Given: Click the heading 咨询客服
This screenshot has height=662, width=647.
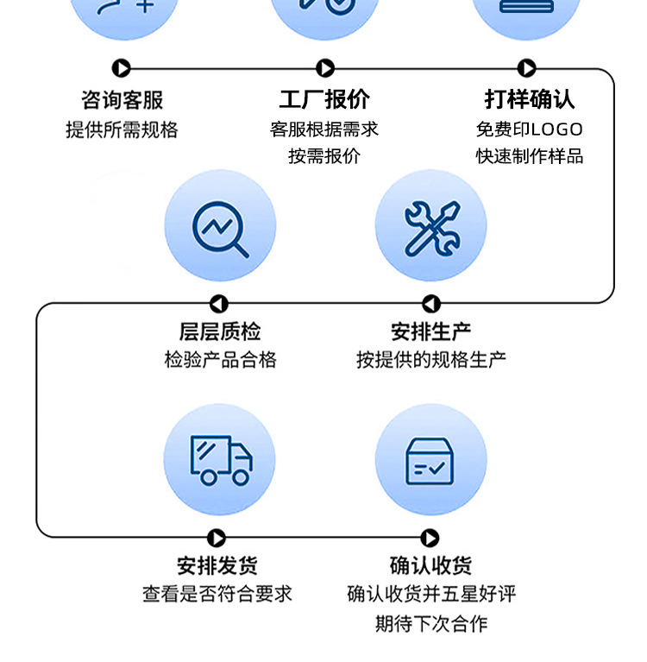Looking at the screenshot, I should click(x=122, y=100).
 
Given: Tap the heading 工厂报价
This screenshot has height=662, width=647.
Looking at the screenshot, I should click(x=324, y=100).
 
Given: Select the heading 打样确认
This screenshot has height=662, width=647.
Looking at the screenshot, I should click(x=529, y=100).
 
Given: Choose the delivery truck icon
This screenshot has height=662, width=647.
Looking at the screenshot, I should click(x=220, y=460).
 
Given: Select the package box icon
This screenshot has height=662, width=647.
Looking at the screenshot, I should click(x=430, y=460).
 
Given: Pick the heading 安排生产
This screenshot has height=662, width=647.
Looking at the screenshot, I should click(x=430, y=331).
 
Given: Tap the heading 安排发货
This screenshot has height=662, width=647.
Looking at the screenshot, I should click(x=217, y=566).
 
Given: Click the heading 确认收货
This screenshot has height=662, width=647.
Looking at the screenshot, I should click(x=430, y=566).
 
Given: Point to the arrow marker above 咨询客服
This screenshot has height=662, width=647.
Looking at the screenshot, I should click(x=122, y=68).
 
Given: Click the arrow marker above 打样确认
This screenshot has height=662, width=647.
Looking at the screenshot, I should click(x=527, y=68).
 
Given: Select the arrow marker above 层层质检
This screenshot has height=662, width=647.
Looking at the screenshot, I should click(x=219, y=304).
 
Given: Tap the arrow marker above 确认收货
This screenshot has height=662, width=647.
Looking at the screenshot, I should click(x=430, y=539).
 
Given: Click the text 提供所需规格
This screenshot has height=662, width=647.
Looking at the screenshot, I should click(x=122, y=129).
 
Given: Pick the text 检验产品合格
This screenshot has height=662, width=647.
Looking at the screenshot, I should click(x=220, y=360).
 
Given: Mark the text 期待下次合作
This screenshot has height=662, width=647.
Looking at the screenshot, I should click(x=430, y=623).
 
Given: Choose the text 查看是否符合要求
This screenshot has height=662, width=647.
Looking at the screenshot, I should click(x=217, y=594).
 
